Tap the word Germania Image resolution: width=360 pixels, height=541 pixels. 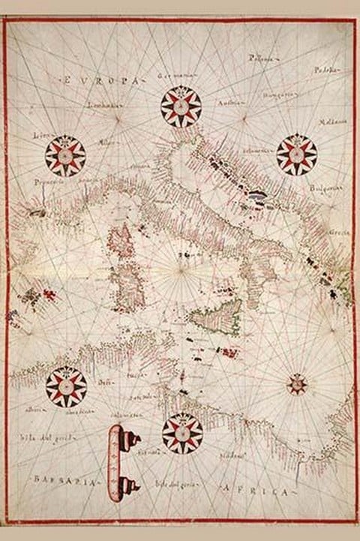point(176,77)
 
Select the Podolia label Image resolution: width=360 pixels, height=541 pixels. point(322,72)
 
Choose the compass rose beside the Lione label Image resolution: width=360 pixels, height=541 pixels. point(65,156)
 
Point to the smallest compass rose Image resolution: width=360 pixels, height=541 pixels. point(297,386)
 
